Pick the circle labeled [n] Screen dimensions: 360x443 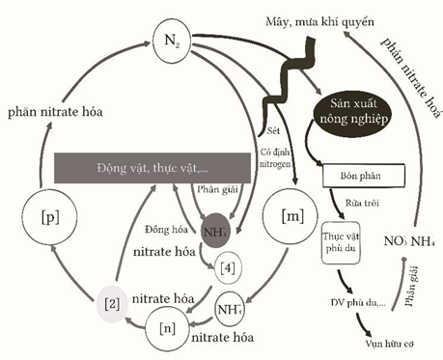(x=169, y=327)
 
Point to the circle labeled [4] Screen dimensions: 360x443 (x=225, y=263)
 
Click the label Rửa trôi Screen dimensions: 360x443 (x=356, y=205)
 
